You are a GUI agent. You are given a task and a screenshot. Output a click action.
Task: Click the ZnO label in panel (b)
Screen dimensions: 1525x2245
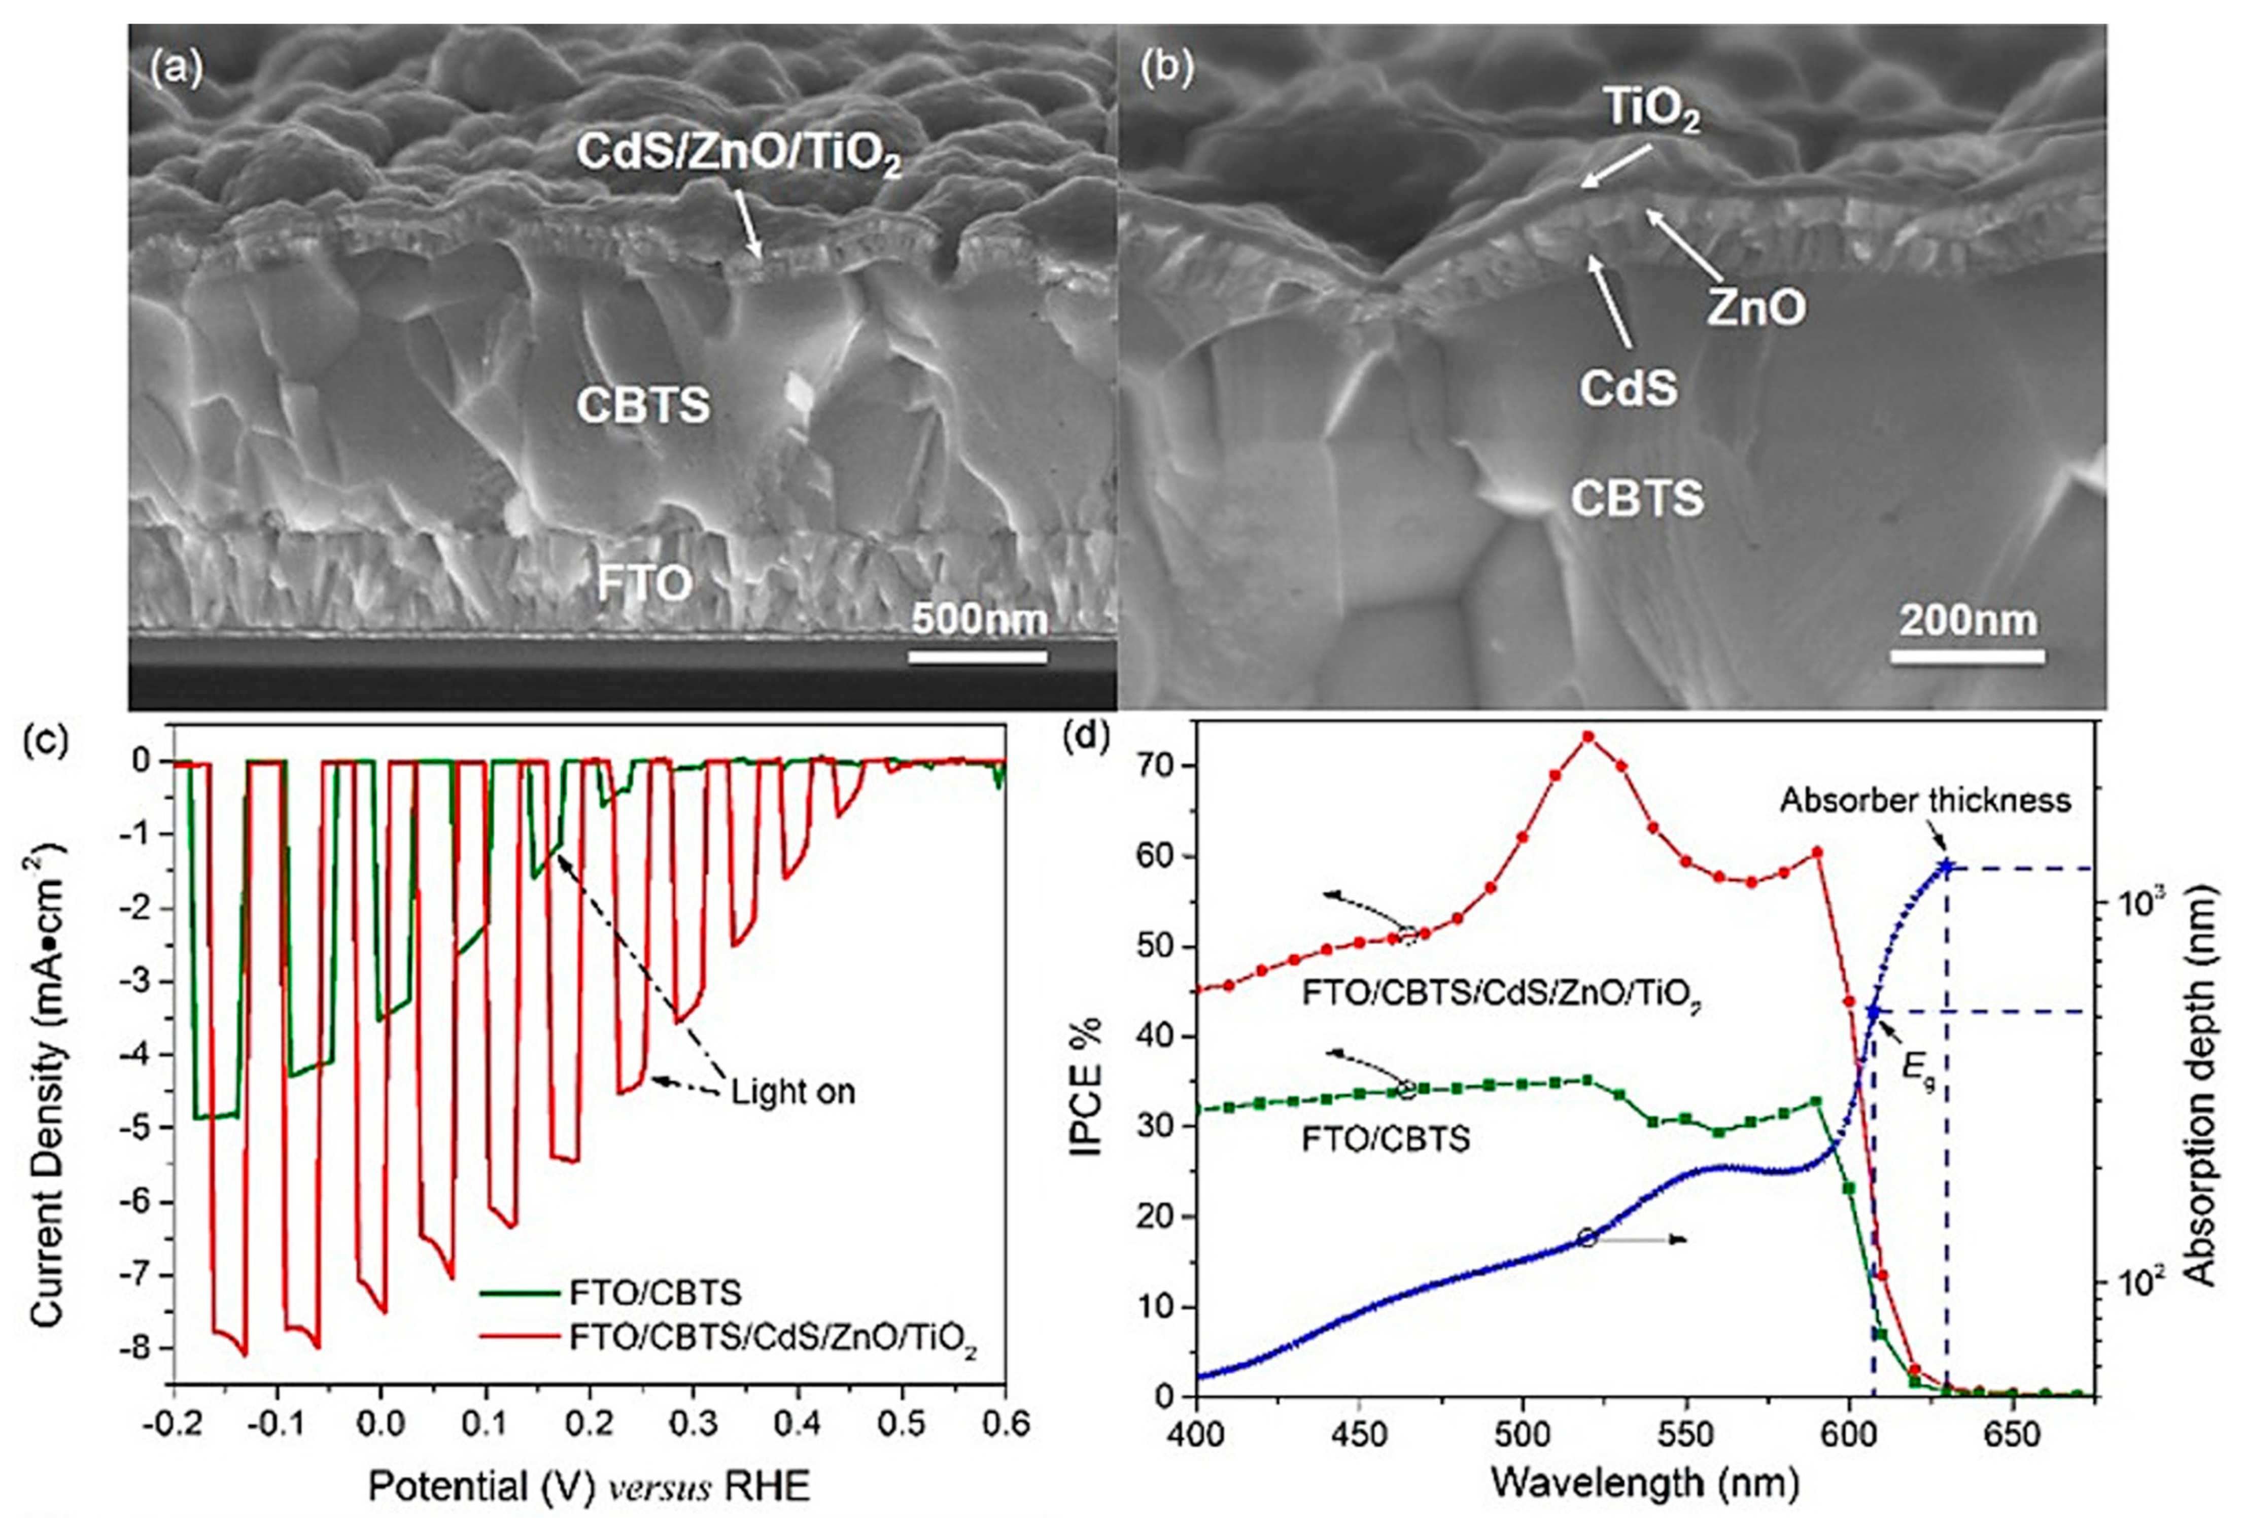pos(1755,308)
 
